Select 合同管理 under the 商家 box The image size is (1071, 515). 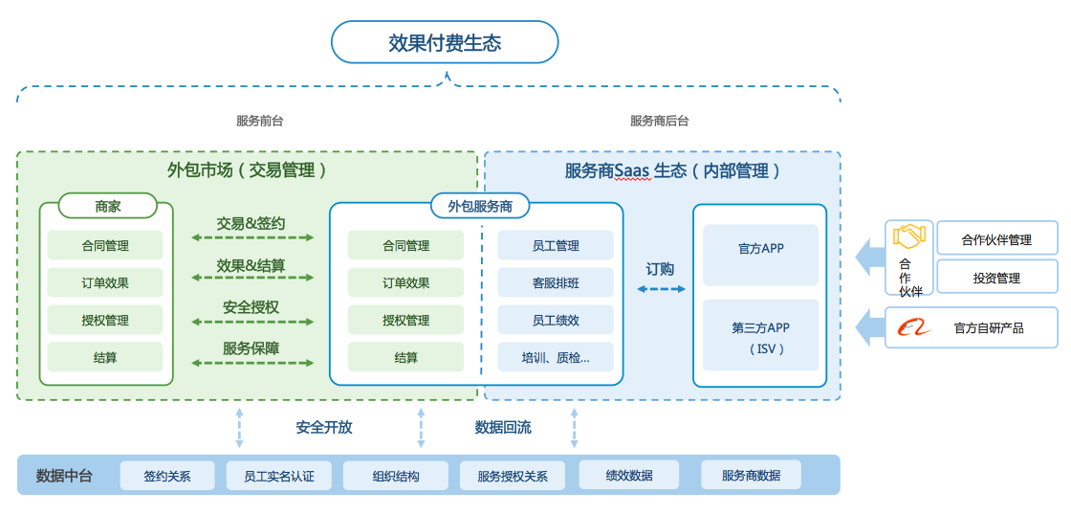(105, 246)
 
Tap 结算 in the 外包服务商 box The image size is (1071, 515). (405, 358)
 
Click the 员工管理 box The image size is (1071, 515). (556, 246)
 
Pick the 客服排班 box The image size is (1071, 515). (556, 283)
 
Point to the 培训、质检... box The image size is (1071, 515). (556, 358)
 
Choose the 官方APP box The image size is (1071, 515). (760, 249)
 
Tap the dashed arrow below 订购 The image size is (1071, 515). (661, 288)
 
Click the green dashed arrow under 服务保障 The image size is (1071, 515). (252, 364)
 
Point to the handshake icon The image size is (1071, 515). (908, 235)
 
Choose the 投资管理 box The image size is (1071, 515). (996, 278)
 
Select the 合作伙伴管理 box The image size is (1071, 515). (996, 239)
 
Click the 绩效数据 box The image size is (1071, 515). (628, 475)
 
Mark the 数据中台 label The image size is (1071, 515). (64, 476)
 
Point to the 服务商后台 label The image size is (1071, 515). (659, 122)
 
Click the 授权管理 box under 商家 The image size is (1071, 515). (105, 321)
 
